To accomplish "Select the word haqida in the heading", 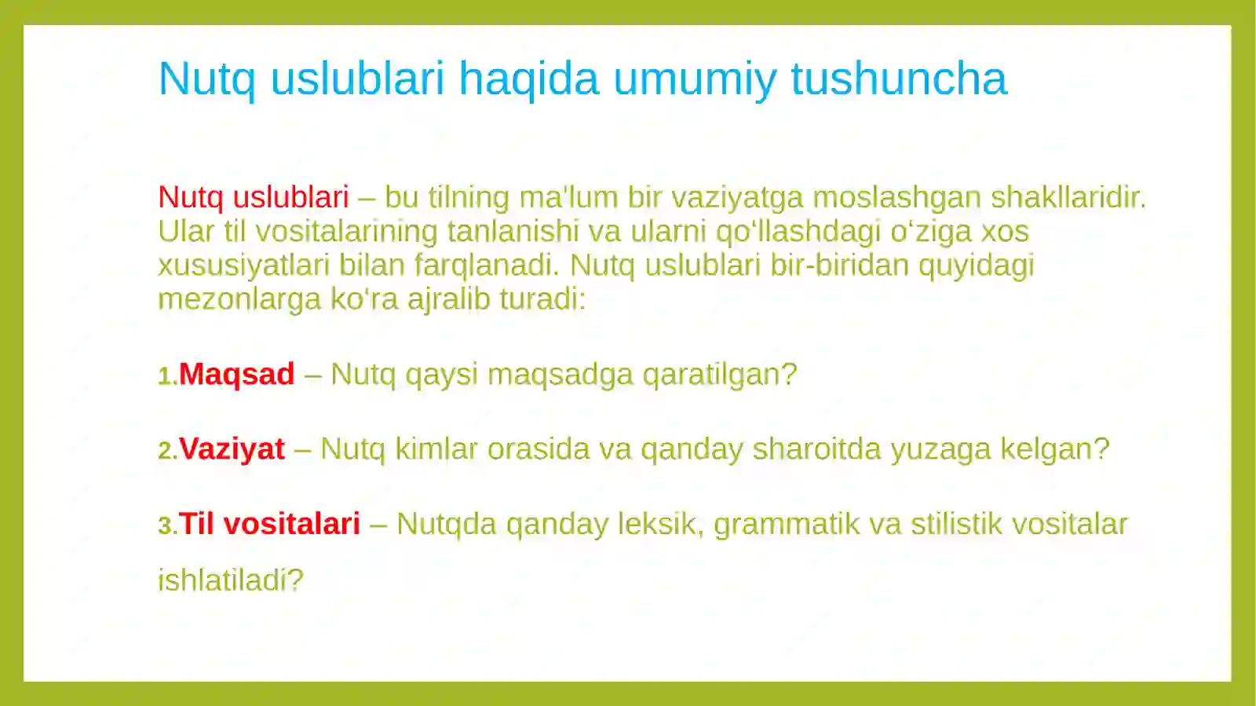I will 528,79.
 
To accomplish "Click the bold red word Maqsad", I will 236,374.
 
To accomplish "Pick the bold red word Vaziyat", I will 232,448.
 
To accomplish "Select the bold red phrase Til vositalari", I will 269,524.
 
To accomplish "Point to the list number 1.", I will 167,376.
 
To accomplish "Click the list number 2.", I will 167,451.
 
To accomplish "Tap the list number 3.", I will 167,526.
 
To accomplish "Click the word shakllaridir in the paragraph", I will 1068,197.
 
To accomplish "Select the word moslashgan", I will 896,197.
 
